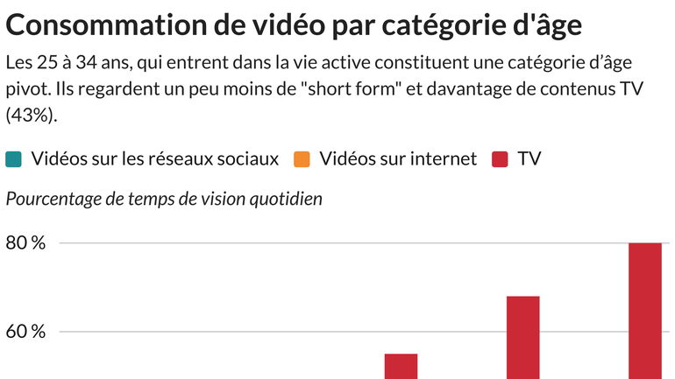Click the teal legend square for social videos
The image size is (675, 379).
(x=14, y=159)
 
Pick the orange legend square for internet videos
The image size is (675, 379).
(x=303, y=159)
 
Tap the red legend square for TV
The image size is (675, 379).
(x=501, y=159)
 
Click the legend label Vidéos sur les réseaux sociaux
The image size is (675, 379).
(x=154, y=159)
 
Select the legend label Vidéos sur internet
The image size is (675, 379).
(x=398, y=159)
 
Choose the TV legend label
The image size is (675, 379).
(x=529, y=159)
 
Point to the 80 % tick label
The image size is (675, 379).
(x=25, y=243)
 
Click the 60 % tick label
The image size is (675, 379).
(x=25, y=333)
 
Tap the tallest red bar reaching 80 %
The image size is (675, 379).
(x=645, y=311)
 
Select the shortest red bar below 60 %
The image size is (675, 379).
(x=401, y=366)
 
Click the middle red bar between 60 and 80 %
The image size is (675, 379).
(x=522, y=337)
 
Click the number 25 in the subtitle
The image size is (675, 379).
(x=51, y=64)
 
